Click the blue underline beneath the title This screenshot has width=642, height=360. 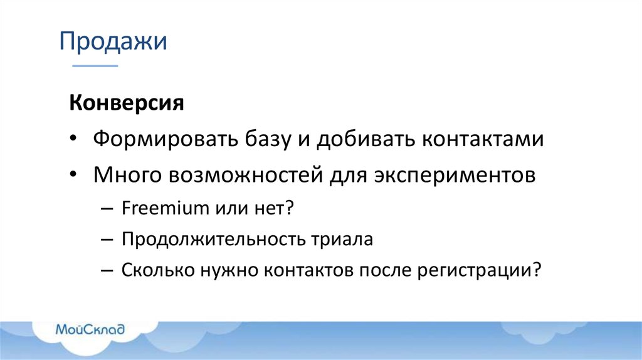tap(95, 65)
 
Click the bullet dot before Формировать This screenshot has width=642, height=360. tap(75, 139)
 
